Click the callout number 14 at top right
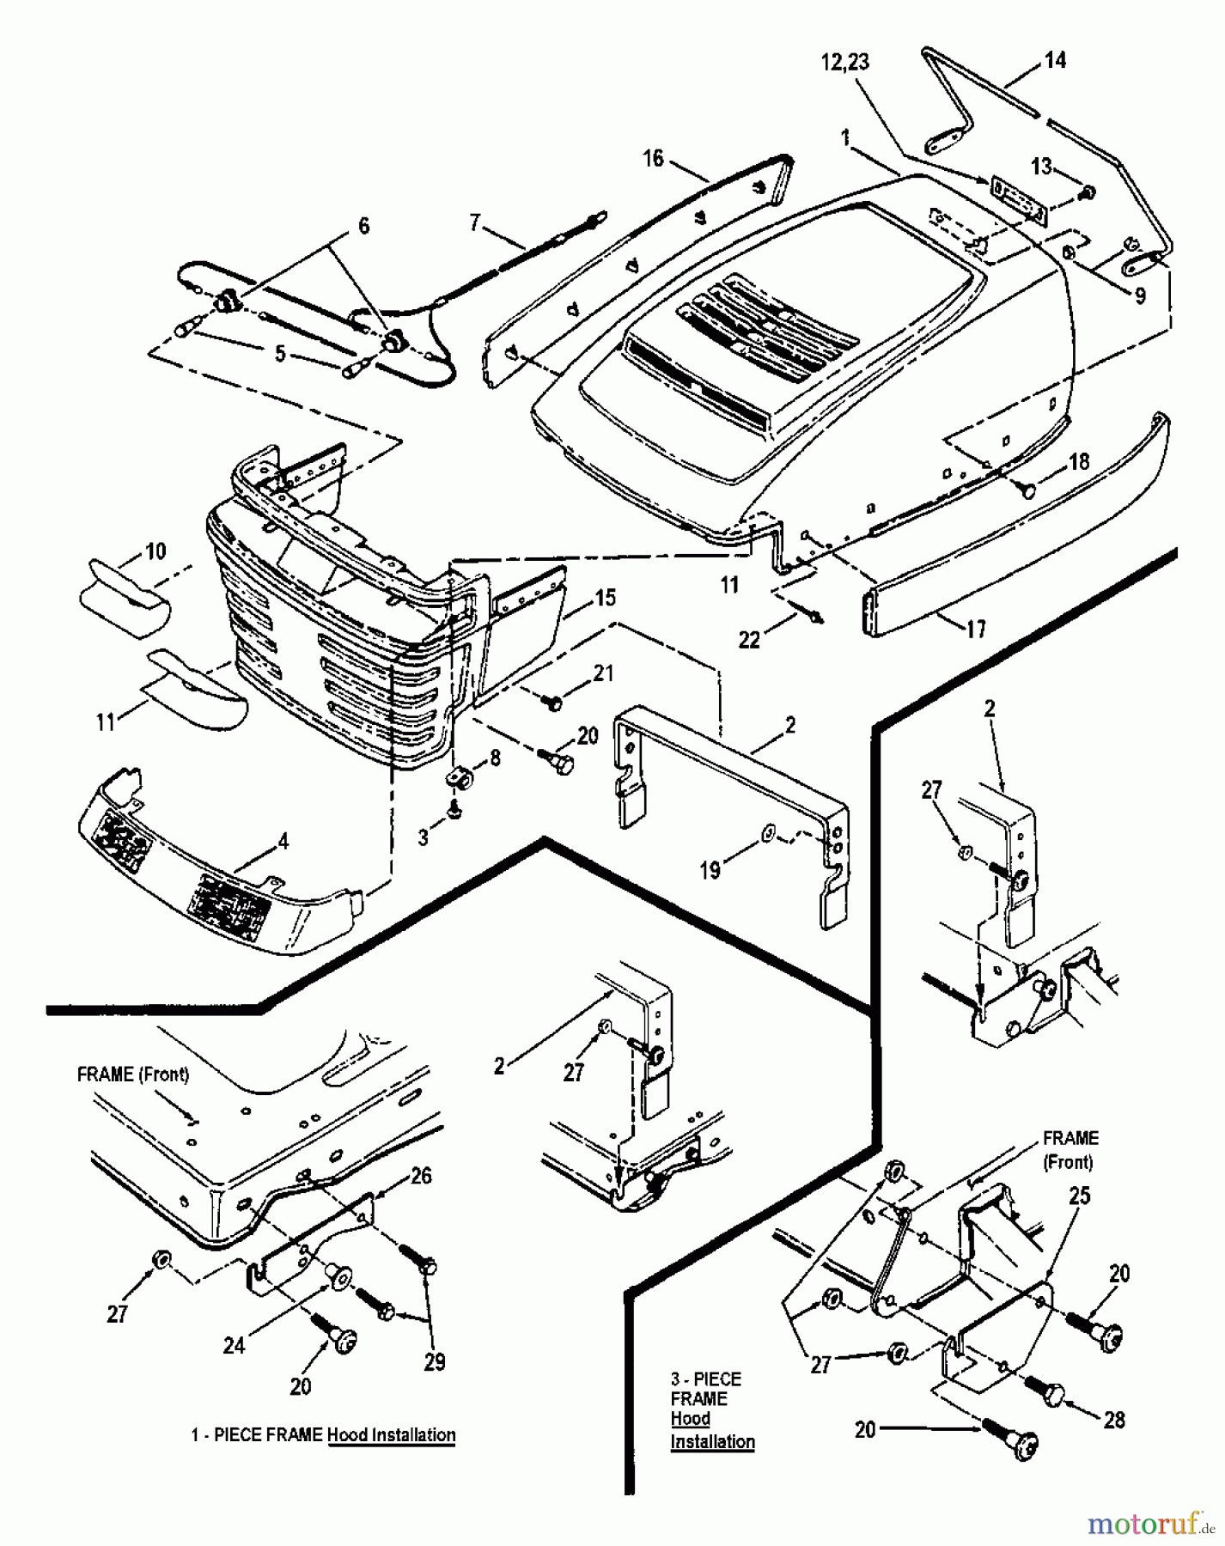pyautogui.click(x=1054, y=60)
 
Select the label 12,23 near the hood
pyautogui.click(x=844, y=62)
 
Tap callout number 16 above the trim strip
pyautogui.click(x=654, y=158)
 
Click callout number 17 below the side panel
pyautogui.click(x=976, y=629)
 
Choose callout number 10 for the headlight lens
pyautogui.click(x=155, y=551)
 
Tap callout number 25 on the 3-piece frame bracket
pyautogui.click(x=1079, y=1196)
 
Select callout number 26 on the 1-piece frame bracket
pyautogui.click(x=420, y=1176)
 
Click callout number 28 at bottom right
pyautogui.click(x=1114, y=1420)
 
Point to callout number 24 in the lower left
pyautogui.click(x=234, y=1346)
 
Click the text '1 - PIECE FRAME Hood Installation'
pyautogui.click(x=323, y=1434)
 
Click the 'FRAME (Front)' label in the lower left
pyautogui.click(x=133, y=1074)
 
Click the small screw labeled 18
pyautogui.click(x=1027, y=490)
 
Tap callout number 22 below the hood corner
pyautogui.click(x=749, y=640)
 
